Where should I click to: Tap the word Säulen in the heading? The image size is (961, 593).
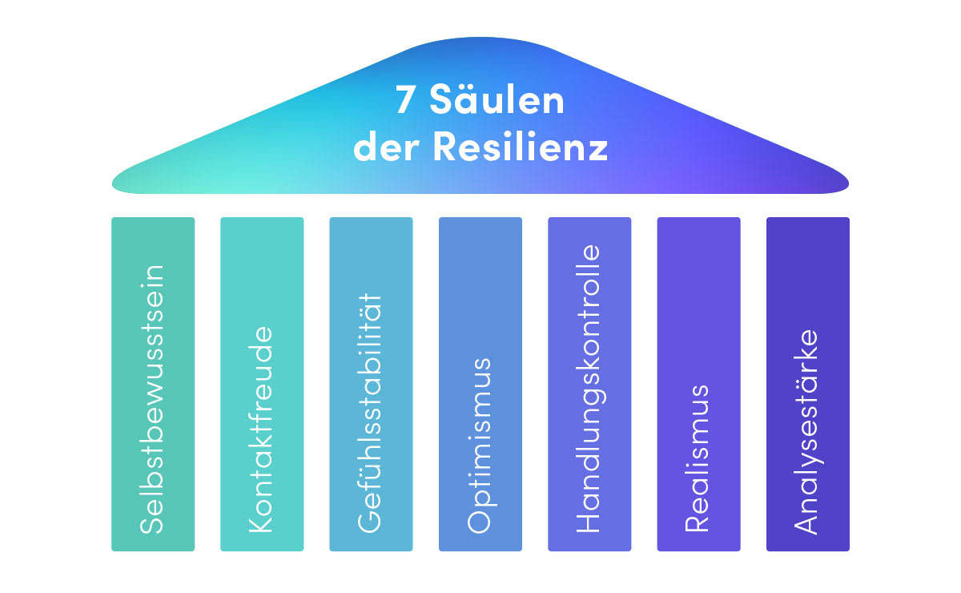click(x=497, y=102)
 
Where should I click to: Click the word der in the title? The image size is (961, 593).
click(x=388, y=147)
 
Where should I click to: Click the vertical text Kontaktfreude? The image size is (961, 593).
click(x=262, y=429)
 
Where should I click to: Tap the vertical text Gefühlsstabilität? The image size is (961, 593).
click(x=371, y=412)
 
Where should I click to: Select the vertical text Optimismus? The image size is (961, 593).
click(x=480, y=445)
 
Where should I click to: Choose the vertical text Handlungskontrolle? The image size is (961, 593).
click(x=589, y=389)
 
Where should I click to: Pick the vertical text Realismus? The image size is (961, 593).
click(x=698, y=458)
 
